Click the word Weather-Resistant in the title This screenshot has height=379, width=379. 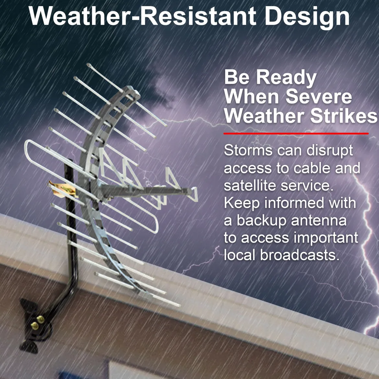(142, 16)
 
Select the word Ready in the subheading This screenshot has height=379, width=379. (286, 78)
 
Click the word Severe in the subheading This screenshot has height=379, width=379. (318, 97)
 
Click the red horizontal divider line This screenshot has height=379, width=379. (296, 133)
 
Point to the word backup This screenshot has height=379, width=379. (261, 221)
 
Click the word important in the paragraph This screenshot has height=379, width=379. (326, 238)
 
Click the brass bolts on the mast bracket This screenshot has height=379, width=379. (37, 323)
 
